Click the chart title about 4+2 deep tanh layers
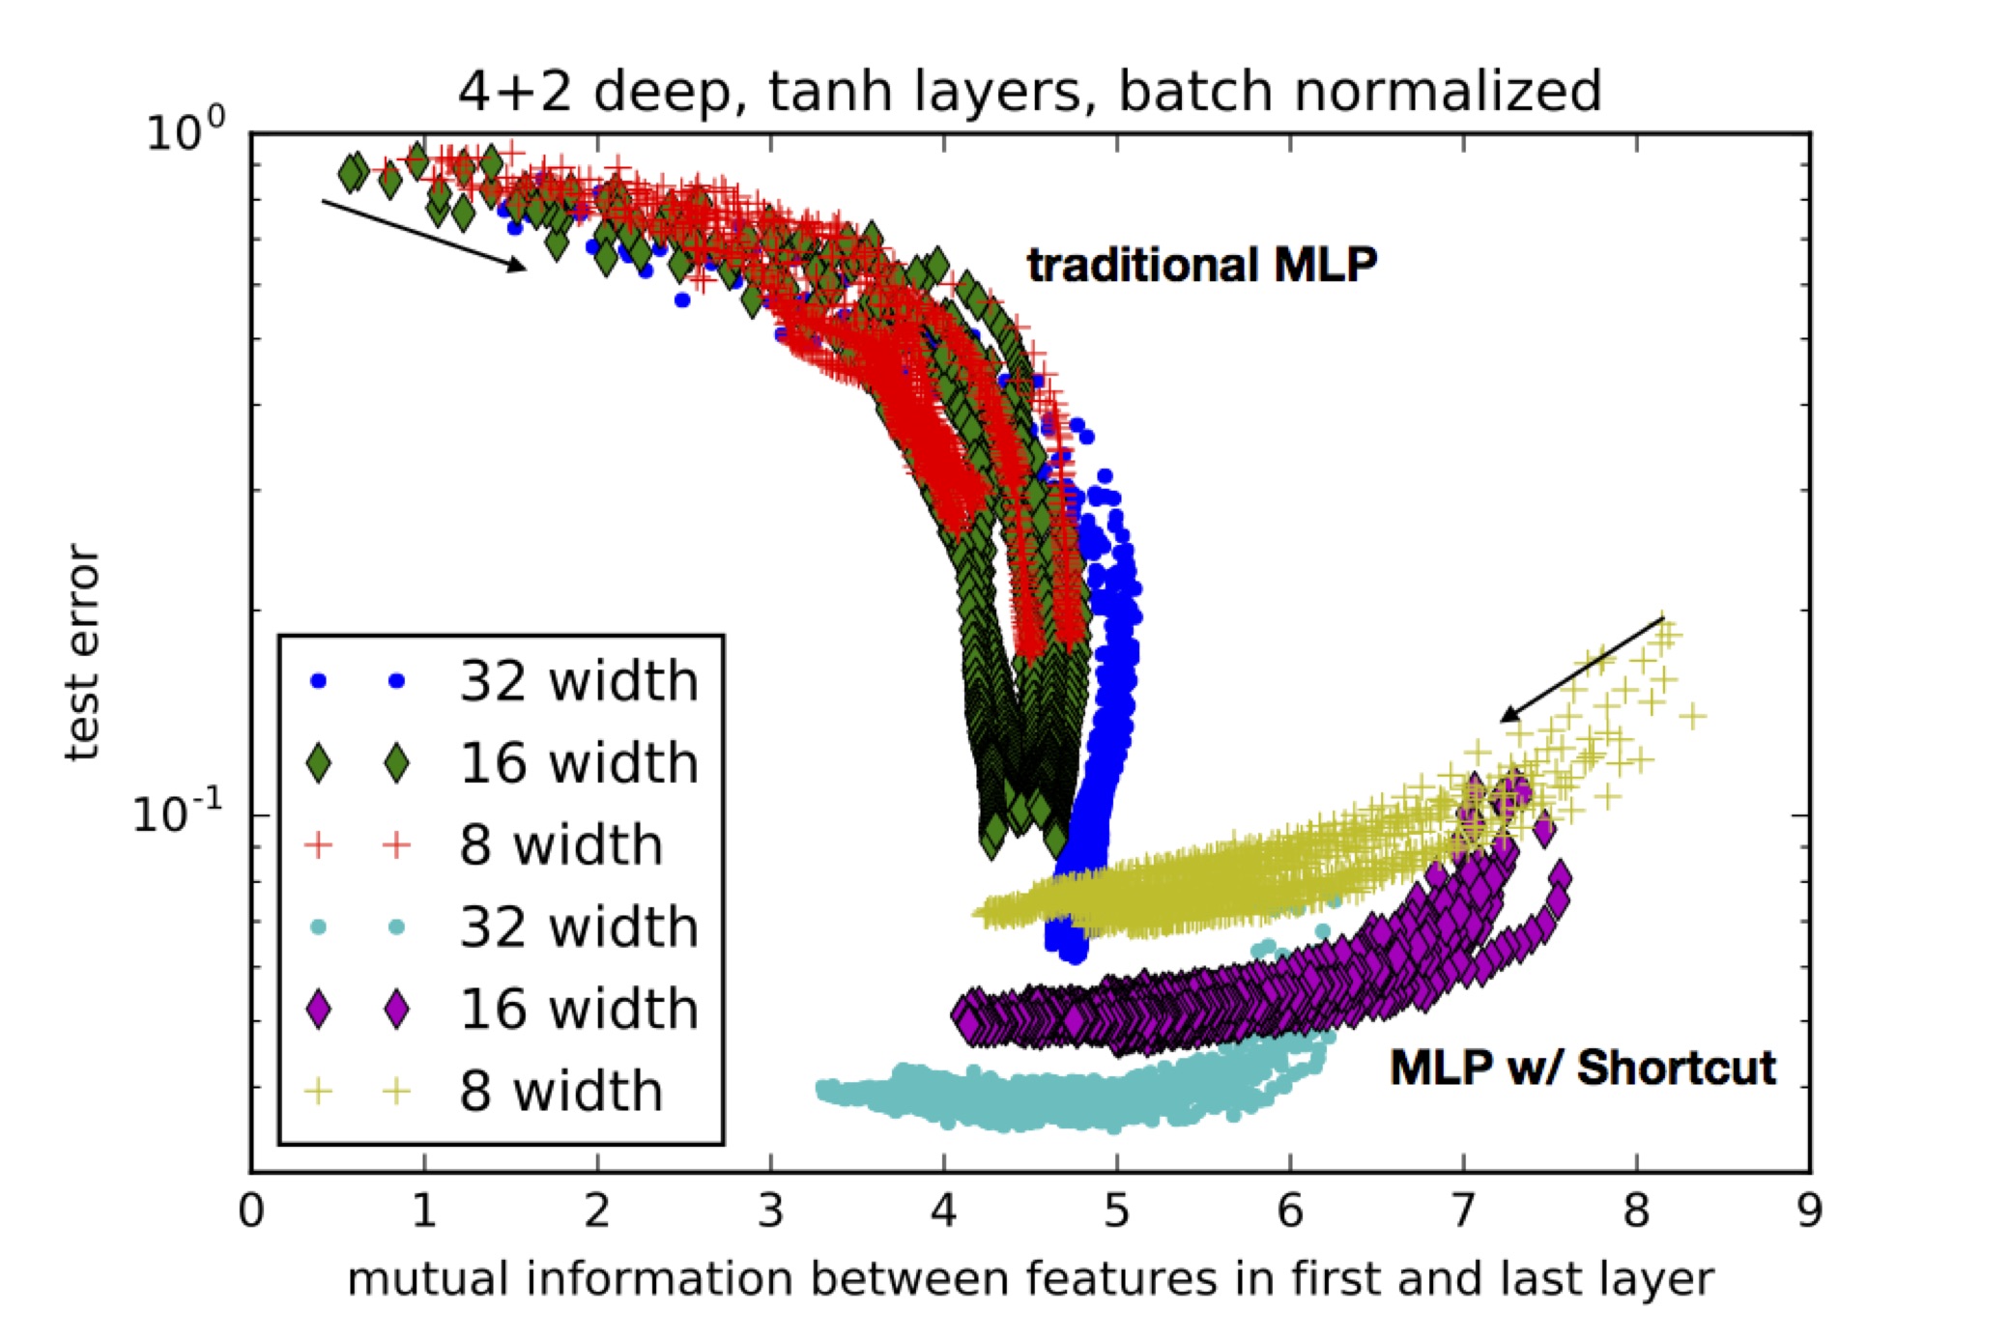[1029, 91]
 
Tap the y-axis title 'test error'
[82, 653]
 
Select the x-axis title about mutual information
[1030, 1279]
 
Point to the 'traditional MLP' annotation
[1201, 265]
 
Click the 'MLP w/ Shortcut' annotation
[1582, 1068]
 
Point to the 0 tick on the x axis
[251, 1211]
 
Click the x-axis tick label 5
[1116, 1211]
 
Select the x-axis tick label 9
[1809, 1211]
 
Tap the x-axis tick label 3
[770, 1211]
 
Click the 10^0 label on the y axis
[186, 131]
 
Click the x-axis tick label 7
[1463, 1211]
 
